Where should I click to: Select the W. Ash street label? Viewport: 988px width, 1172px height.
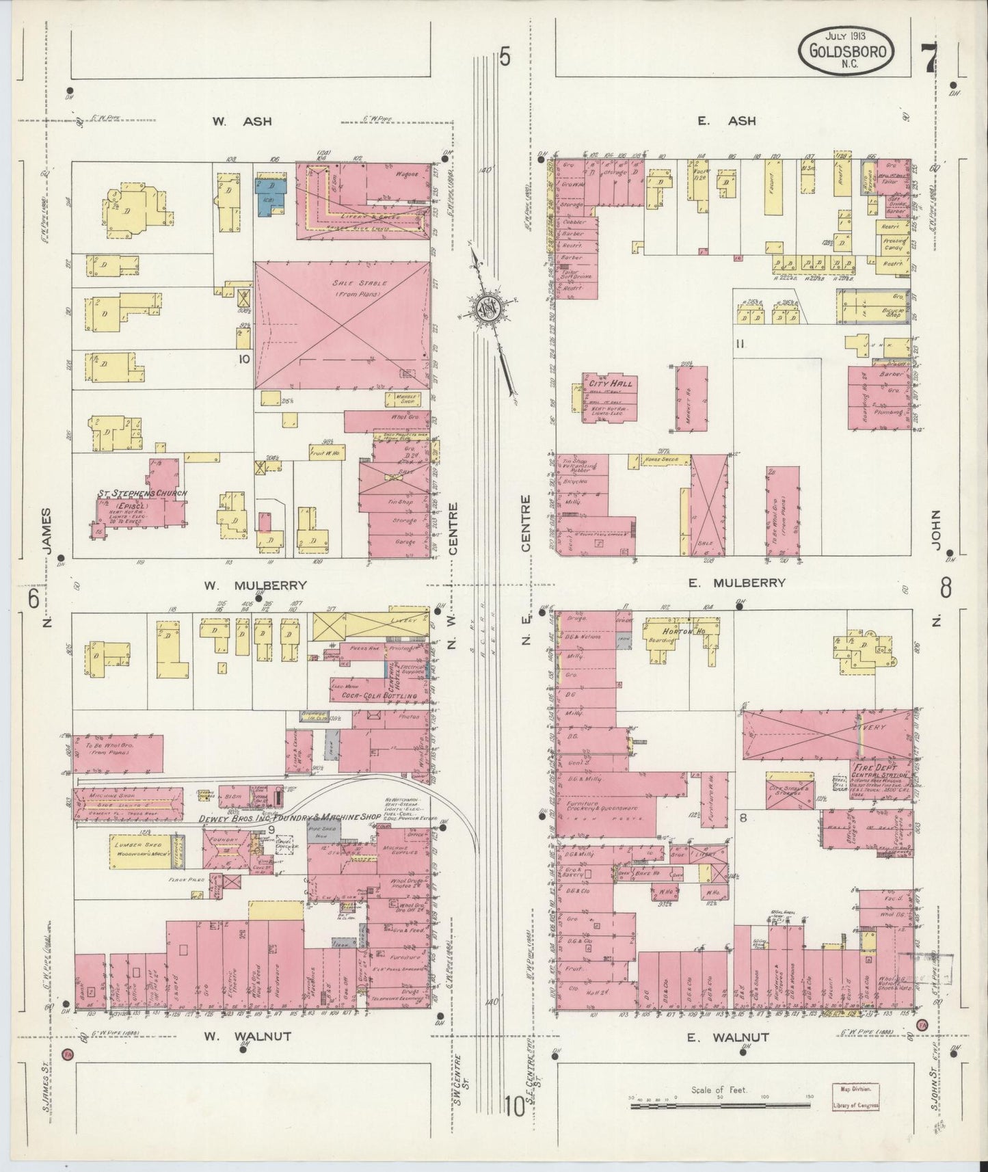click(241, 121)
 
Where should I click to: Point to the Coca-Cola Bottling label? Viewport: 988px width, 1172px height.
click(383, 696)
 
